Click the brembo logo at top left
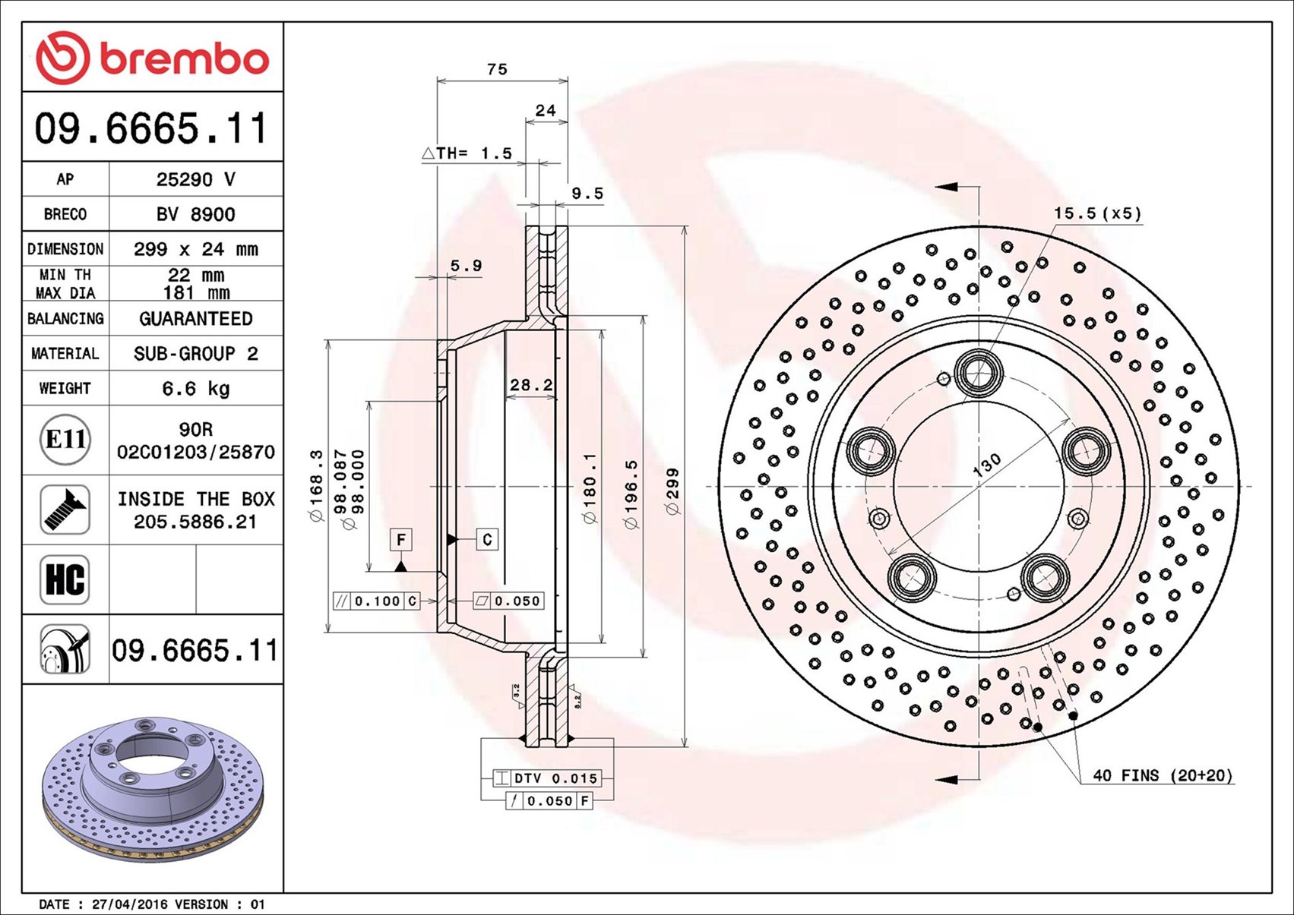(x=153, y=58)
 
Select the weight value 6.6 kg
(x=196, y=389)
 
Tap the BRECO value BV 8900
(x=196, y=214)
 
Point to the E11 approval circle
(x=65, y=440)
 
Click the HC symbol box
(x=65, y=579)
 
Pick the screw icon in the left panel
(x=65, y=510)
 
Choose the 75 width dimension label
(x=497, y=69)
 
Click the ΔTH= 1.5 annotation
(x=467, y=153)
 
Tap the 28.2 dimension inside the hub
(x=531, y=384)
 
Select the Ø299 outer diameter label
(x=673, y=491)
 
